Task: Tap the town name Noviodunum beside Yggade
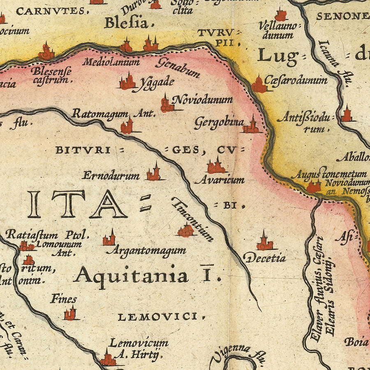click(x=202, y=100)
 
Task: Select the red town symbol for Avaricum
click(x=216, y=166)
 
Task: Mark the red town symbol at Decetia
click(x=264, y=243)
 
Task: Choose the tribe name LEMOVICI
click(x=161, y=317)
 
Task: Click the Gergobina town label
click(x=219, y=122)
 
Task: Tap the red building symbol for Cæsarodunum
click(x=259, y=85)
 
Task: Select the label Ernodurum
click(x=111, y=176)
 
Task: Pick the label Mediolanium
click(x=111, y=62)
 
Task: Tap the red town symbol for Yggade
click(x=127, y=82)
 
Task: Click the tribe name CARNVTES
click(x=50, y=11)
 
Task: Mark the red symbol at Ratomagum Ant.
click(x=127, y=126)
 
